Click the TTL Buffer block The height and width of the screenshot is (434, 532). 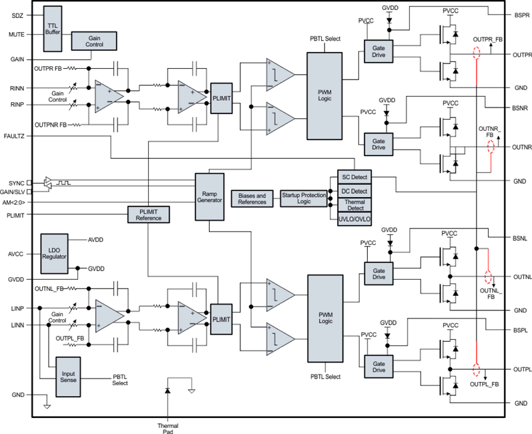[52, 28]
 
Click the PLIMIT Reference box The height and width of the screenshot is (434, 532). [148, 215]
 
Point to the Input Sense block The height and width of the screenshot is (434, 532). [68, 377]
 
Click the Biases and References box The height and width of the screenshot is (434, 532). [252, 199]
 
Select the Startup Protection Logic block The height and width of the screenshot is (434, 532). [304, 199]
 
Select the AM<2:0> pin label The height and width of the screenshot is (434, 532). [14, 202]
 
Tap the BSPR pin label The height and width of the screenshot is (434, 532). [521, 14]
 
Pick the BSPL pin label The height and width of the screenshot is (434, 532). [521, 330]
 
